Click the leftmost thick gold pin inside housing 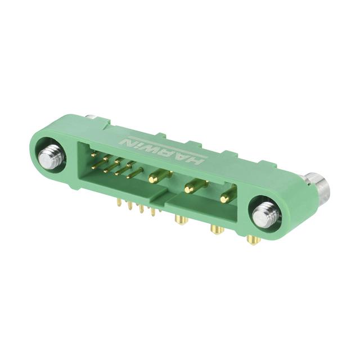tap(160, 177)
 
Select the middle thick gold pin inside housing tap(196, 186)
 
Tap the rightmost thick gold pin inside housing tap(228, 196)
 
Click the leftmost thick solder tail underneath tap(181, 219)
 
